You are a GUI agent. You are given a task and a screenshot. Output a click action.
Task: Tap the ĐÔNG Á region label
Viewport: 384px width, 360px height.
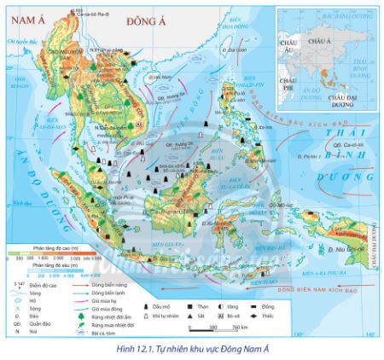click(143, 19)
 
